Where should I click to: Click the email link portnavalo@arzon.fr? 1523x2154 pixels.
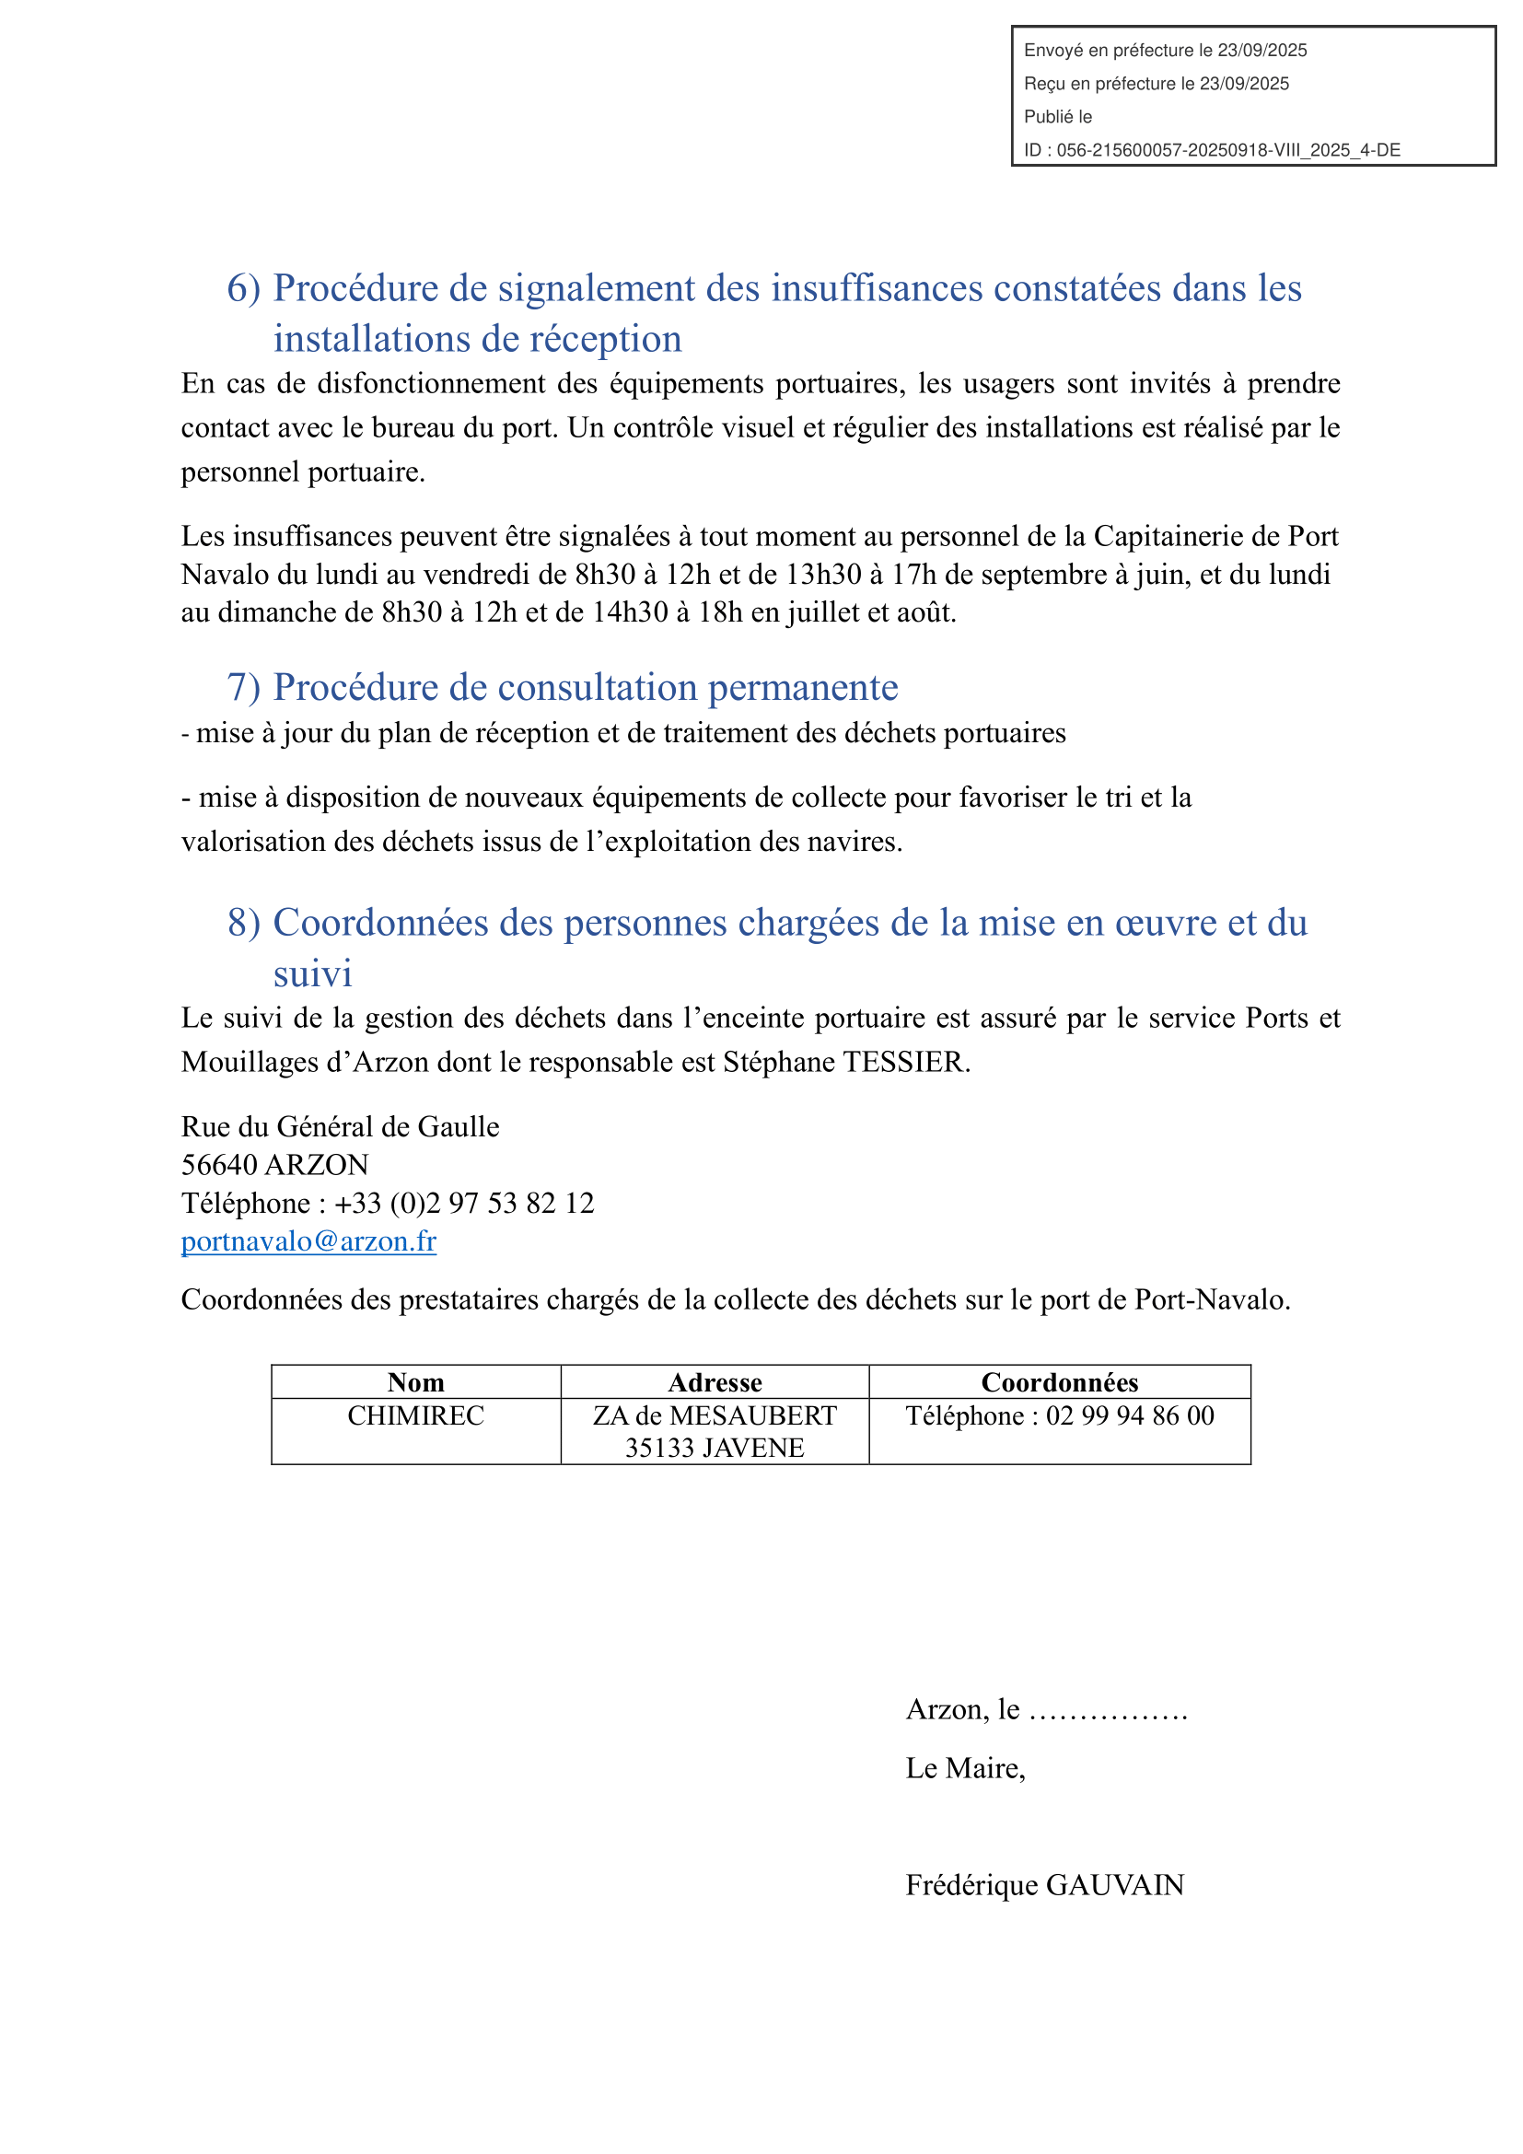tap(308, 1241)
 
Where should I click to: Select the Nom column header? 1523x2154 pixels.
tap(415, 1382)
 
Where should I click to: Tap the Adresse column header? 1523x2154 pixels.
tap(715, 1382)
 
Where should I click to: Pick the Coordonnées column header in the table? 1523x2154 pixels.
tap(1060, 1382)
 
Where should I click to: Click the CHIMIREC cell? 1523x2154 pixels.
tap(415, 1415)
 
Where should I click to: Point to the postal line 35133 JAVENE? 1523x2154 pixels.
tap(715, 1448)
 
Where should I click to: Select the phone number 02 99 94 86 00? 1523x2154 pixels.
tap(1130, 1415)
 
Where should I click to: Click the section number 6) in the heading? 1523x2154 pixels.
tap(243, 288)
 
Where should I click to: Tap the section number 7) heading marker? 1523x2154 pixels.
tap(243, 688)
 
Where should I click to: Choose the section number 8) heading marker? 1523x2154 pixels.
tap(243, 923)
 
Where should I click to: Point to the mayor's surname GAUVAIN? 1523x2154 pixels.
tap(1115, 1885)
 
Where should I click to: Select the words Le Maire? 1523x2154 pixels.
tap(964, 1768)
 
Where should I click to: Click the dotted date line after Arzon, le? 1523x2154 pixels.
tap(1109, 1711)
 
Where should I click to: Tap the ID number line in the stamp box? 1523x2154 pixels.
tap(1212, 150)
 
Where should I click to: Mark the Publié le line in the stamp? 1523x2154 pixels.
tap(1058, 117)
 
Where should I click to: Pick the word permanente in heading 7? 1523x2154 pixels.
tap(803, 688)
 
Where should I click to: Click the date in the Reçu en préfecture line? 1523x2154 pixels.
tap(1245, 84)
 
